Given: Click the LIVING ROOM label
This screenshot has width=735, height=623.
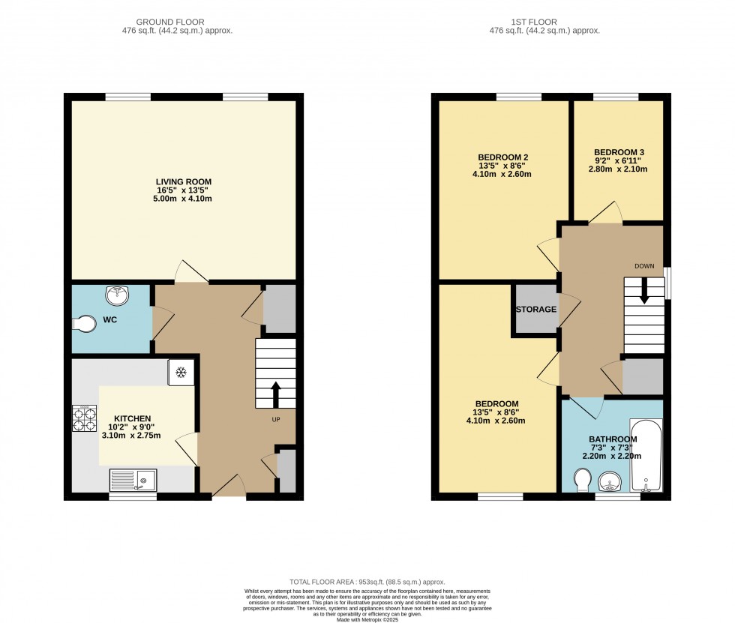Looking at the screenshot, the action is pyautogui.click(x=184, y=181).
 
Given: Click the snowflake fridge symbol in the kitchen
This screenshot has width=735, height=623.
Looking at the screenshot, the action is pyautogui.click(x=181, y=373).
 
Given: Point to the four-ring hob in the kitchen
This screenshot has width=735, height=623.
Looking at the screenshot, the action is pyautogui.click(x=84, y=418).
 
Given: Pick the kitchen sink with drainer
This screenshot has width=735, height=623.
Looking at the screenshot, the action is pyautogui.click(x=133, y=480).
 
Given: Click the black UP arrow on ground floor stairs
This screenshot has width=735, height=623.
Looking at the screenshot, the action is pyautogui.click(x=276, y=394).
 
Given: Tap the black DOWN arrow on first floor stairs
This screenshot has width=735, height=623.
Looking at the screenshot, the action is pyautogui.click(x=644, y=290).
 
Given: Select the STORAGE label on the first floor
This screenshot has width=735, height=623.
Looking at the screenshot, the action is pyautogui.click(x=536, y=310).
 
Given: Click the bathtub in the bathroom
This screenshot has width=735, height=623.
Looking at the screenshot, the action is pyautogui.click(x=646, y=455).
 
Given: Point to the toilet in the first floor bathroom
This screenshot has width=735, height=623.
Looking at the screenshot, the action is pyautogui.click(x=583, y=481).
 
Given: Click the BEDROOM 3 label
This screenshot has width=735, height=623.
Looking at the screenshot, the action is pyautogui.click(x=619, y=152).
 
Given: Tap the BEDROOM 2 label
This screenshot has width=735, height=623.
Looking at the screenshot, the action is pyautogui.click(x=503, y=157).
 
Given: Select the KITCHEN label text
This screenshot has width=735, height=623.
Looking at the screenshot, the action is pyautogui.click(x=133, y=419).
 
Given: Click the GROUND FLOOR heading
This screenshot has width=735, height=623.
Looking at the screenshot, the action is pyautogui.click(x=170, y=22).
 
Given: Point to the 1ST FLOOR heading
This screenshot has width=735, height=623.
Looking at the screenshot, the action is pyautogui.click(x=534, y=22).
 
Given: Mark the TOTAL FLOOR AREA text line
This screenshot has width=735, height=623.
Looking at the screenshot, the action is pyautogui.click(x=367, y=583).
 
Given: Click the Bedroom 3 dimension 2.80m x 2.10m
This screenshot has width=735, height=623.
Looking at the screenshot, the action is pyautogui.click(x=618, y=169).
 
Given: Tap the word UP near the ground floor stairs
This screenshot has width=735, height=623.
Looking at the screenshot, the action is pyautogui.click(x=276, y=420).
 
